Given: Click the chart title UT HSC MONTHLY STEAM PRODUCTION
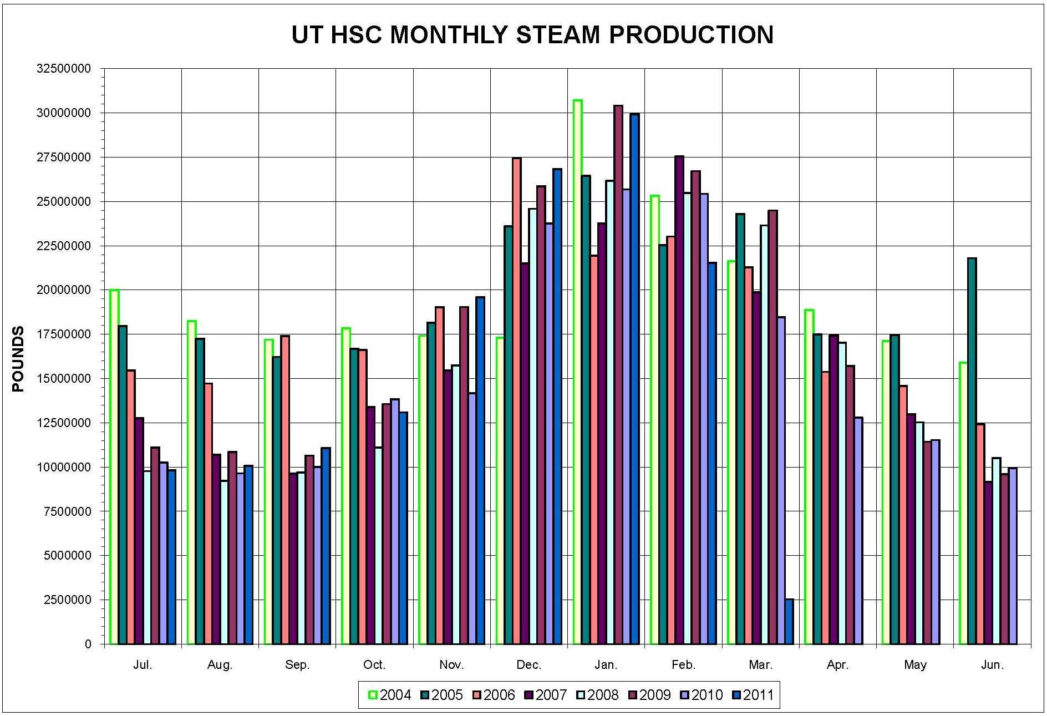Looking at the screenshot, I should [532, 35].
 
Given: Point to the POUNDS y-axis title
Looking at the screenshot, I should [18, 359].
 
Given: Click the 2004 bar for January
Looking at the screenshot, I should [577, 372].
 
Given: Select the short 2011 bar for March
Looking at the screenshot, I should [789, 621].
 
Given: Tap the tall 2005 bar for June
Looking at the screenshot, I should [972, 450].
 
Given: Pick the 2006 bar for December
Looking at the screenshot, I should [516, 400].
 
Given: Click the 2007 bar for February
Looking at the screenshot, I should [679, 399].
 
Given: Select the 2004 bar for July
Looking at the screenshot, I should [114, 466].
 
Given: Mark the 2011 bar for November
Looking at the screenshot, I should [480, 470].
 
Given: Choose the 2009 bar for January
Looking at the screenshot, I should [618, 374].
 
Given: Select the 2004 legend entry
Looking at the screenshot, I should [390, 695].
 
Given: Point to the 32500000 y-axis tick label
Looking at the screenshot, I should [63, 69].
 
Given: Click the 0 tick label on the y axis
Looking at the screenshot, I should [88, 644].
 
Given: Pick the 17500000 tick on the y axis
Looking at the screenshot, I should [63, 334].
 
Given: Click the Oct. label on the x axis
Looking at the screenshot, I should [374, 665].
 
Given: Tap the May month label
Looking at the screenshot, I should [915, 665].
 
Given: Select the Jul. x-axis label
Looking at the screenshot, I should [143, 665].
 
